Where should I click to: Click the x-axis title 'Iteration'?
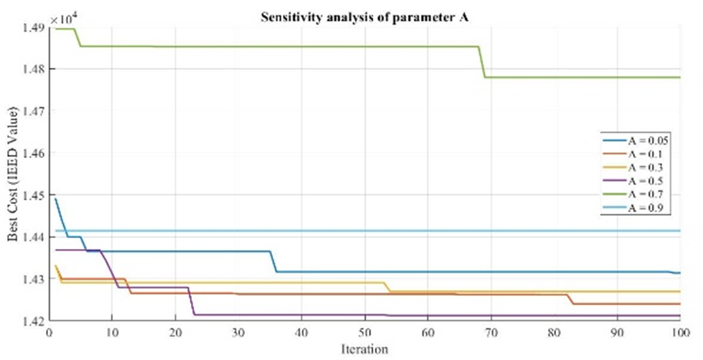pyautogui.click(x=365, y=350)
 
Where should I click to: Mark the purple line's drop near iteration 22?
pyautogui.click(x=192, y=302)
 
